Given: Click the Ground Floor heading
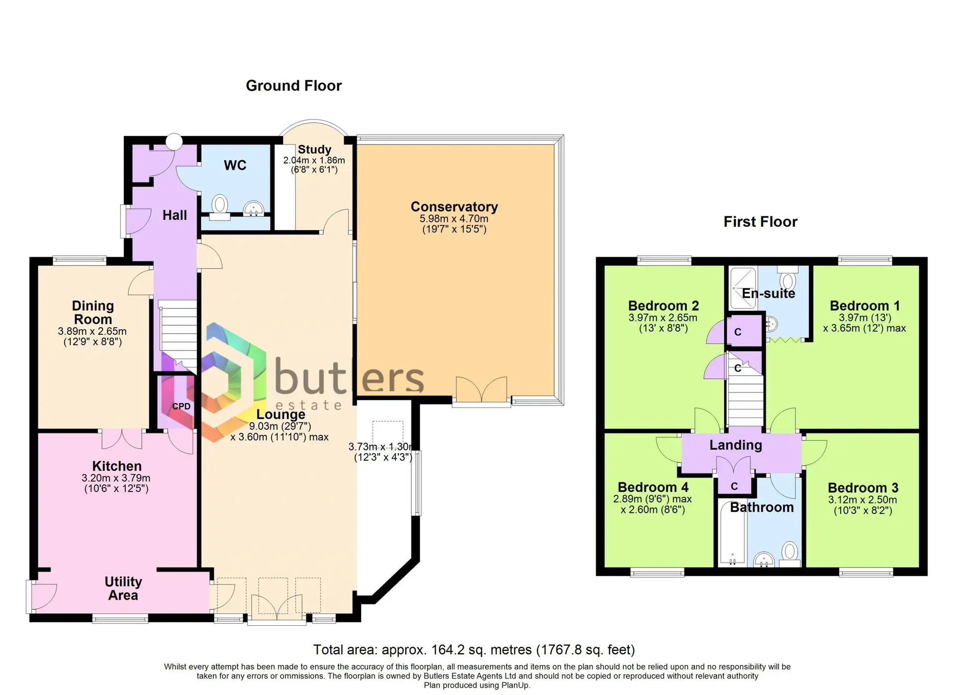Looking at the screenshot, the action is click(293, 86).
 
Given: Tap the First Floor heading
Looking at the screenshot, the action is click(760, 221).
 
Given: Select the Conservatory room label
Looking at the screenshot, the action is click(454, 206).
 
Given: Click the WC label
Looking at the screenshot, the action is click(235, 165).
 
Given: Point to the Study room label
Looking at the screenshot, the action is click(314, 149).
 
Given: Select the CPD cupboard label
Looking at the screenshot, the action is click(181, 406).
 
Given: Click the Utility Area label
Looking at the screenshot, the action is click(123, 589).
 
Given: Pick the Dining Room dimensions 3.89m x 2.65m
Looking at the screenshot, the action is click(92, 331).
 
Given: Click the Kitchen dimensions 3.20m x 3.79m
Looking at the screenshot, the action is click(116, 478).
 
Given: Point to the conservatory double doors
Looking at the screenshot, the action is click(481, 390).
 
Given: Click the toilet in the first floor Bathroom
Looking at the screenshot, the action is click(789, 554).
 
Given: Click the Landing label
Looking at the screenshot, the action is click(736, 445).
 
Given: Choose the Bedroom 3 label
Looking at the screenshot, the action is click(863, 488).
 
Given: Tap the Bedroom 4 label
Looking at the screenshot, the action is click(653, 487).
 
